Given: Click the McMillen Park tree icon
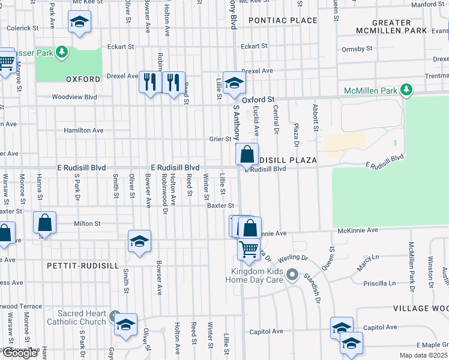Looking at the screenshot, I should click(x=407, y=90).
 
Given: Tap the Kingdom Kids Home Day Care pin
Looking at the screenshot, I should click(x=292, y=275).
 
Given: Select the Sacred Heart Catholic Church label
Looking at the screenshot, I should click(x=82, y=317).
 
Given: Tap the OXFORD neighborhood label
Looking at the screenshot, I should click(x=83, y=79).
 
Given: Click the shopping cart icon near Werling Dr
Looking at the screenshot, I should click(x=248, y=247).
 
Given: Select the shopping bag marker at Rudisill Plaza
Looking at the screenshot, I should click(x=247, y=155).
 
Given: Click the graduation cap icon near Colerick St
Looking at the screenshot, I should click(x=79, y=23).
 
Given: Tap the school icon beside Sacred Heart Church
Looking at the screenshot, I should click(x=125, y=325).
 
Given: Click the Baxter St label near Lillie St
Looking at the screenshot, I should click(x=220, y=206).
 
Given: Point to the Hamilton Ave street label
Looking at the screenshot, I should click(x=83, y=130).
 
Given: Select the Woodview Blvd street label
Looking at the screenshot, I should click(x=74, y=97).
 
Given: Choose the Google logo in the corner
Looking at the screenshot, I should click(x=19, y=353).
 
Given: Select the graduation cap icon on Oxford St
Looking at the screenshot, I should click(x=234, y=83).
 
